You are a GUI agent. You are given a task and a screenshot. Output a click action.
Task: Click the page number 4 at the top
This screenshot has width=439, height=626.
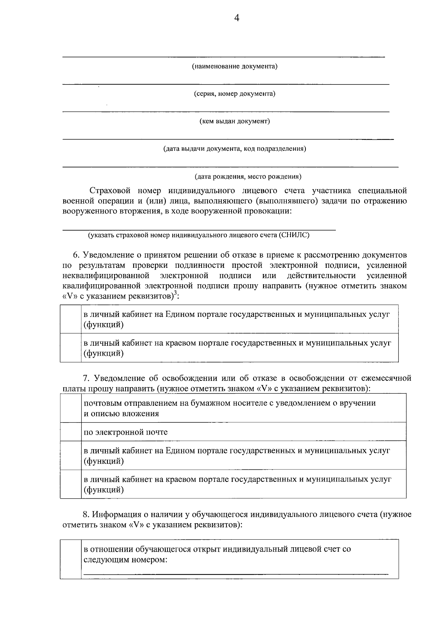[x=237, y=18]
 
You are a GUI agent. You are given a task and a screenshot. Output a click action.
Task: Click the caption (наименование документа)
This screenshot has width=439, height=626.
[x=234, y=67]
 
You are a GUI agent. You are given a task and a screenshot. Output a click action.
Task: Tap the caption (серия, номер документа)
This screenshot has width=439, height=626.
[x=234, y=94]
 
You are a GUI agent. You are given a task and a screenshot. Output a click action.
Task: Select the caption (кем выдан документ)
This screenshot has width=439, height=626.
[x=234, y=121]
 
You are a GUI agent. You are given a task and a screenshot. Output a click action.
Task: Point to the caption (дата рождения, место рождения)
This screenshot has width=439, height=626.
[x=248, y=177]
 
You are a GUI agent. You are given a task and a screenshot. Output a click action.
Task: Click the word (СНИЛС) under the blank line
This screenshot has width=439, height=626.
[x=294, y=235]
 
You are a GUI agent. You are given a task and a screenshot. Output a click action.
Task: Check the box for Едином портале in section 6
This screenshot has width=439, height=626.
[x=71, y=319]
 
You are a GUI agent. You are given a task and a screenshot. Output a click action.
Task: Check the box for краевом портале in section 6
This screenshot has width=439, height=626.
[x=71, y=348]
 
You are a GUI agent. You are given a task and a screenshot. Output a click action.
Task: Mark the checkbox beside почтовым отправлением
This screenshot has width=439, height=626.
[x=71, y=408]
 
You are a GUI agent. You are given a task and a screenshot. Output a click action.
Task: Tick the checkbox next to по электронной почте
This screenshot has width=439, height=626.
[x=71, y=432]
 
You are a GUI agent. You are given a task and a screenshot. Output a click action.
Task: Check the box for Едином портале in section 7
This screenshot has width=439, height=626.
[x=71, y=455]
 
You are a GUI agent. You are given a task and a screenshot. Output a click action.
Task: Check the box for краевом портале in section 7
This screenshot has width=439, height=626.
[x=71, y=484]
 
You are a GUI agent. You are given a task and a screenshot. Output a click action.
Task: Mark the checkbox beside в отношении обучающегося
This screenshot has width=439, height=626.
[x=71, y=559]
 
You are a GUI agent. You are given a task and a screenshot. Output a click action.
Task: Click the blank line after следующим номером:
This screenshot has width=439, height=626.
[x=236, y=573]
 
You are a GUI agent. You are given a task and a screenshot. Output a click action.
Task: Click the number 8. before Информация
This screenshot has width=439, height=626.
[x=86, y=515]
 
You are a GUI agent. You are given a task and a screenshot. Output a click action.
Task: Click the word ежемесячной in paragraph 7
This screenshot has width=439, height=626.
[x=386, y=378]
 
